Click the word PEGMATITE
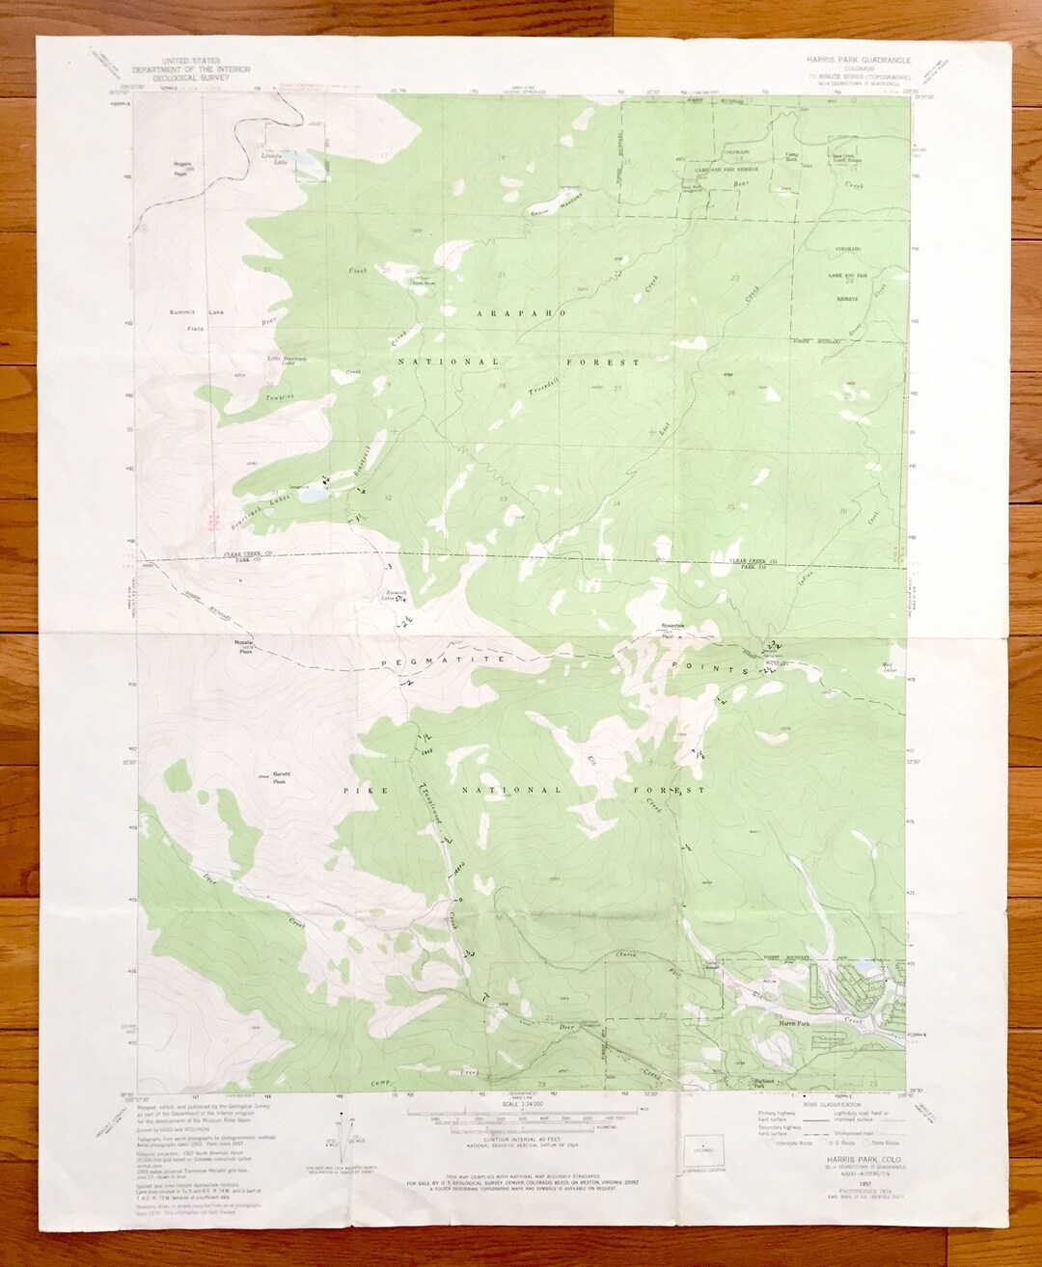pos(429,662)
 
